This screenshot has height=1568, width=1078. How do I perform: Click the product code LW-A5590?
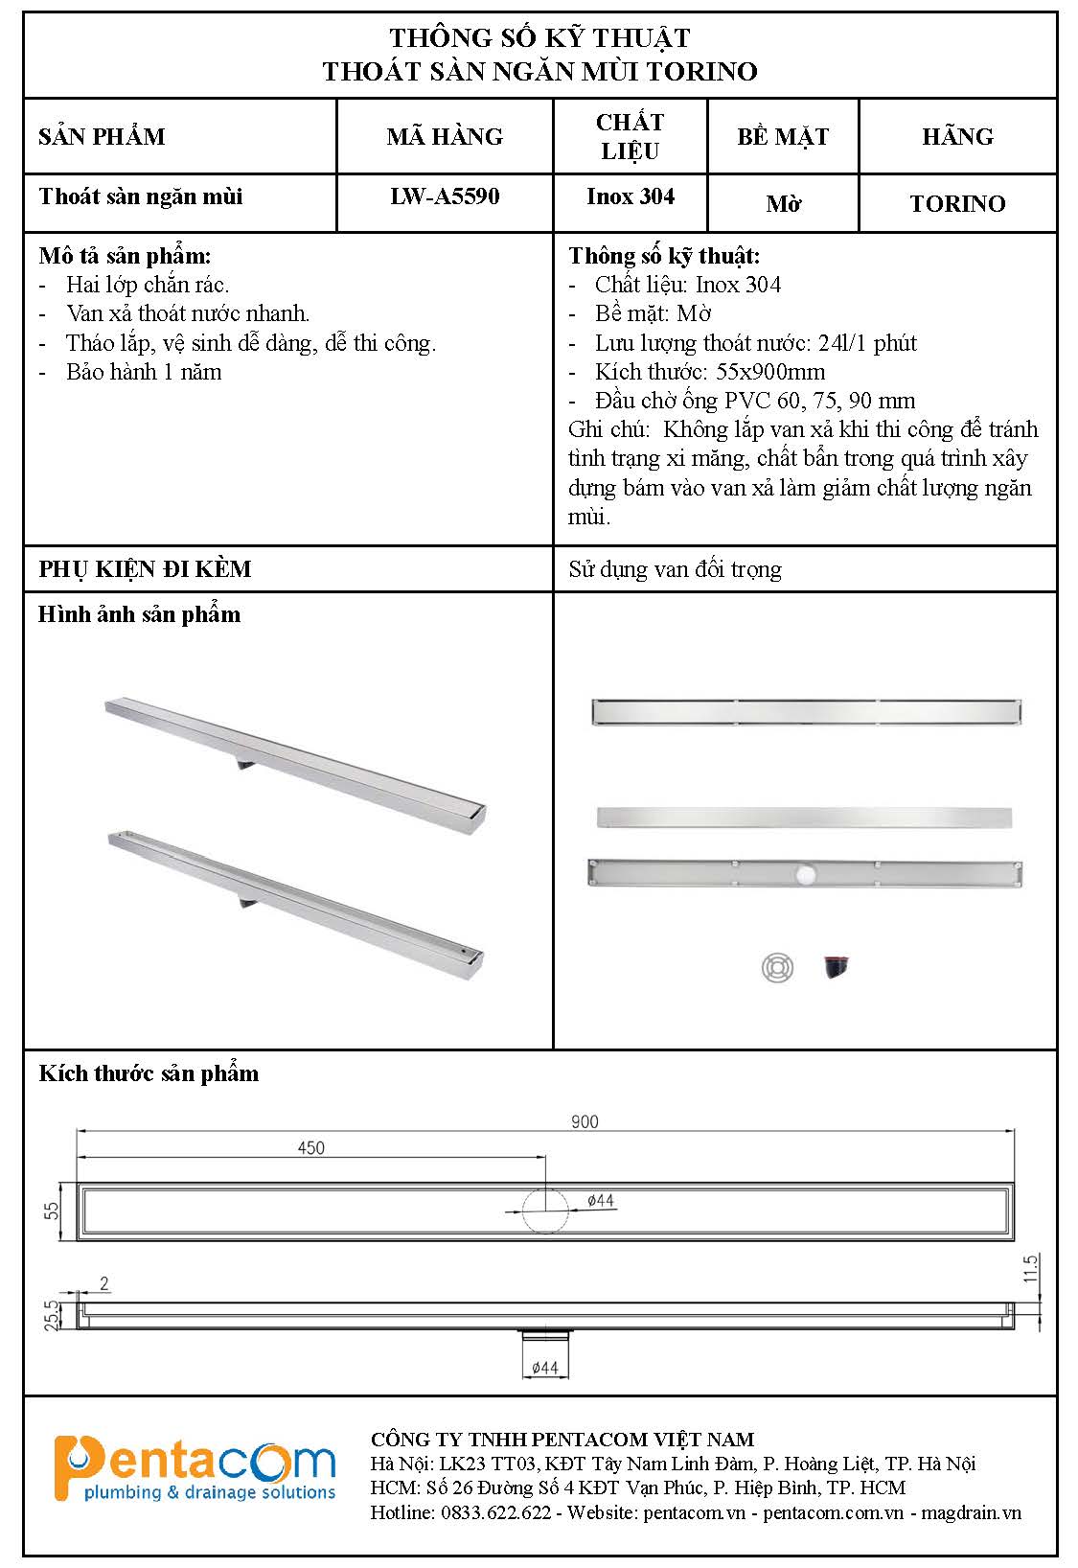point(445,196)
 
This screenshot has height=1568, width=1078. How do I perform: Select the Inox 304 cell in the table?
point(631,196)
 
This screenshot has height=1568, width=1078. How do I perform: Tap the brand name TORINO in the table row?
point(957,204)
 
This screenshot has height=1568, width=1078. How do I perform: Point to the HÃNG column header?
point(957,136)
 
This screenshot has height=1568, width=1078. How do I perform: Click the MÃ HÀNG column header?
point(445,136)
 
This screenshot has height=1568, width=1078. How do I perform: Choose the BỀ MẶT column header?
point(783,136)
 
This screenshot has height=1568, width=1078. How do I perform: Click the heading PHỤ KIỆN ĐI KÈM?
point(145,569)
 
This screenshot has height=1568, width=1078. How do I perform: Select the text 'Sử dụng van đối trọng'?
point(675,569)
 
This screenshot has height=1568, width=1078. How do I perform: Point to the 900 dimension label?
point(585,1121)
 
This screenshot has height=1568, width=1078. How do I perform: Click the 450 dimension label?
point(311,1147)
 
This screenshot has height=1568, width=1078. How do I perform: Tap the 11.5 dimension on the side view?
point(1031,1269)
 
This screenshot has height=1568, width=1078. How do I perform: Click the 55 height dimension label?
point(53,1211)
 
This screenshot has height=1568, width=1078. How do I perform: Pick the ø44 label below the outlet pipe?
point(544,1368)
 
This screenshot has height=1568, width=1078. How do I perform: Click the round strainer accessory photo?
point(777,967)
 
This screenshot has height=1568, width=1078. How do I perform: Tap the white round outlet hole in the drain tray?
point(803,873)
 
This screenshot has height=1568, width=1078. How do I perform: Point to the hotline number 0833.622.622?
point(495,1512)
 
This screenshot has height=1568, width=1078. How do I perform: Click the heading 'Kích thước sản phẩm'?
point(149,1073)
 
